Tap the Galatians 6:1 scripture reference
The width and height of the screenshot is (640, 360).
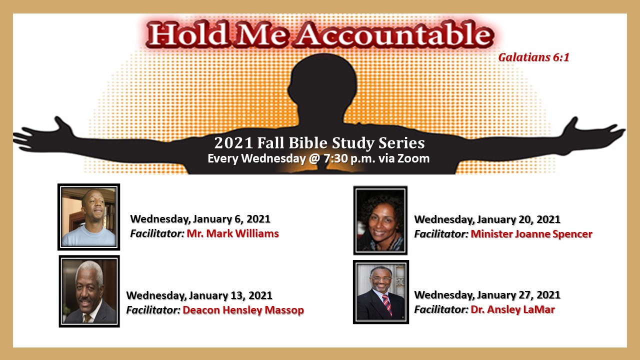[x=533, y=57]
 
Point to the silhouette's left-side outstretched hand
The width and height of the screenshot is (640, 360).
[x=43, y=134]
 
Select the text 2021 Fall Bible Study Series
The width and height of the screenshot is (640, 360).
[x=319, y=143]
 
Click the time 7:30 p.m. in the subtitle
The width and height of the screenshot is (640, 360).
[x=349, y=158]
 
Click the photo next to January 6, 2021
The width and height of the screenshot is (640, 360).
[x=89, y=217]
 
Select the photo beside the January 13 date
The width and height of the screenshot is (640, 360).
[x=89, y=291]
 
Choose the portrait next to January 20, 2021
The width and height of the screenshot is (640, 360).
[x=380, y=220]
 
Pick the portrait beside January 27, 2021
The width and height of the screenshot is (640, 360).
[x=381, y=292]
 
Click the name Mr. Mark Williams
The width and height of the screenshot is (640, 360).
[x=233, y=233]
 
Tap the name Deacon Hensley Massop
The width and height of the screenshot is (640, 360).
[x=243, y=310]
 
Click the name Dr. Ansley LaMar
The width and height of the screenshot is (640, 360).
[x=513, y=309]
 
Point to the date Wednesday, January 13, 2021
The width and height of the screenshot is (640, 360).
[x=199, y=295]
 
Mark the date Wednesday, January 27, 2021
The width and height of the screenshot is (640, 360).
[x=487, y=295]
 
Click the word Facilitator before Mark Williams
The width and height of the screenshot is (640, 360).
[x=157, y=233]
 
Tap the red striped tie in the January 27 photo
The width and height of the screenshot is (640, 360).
[x=386, y=304]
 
